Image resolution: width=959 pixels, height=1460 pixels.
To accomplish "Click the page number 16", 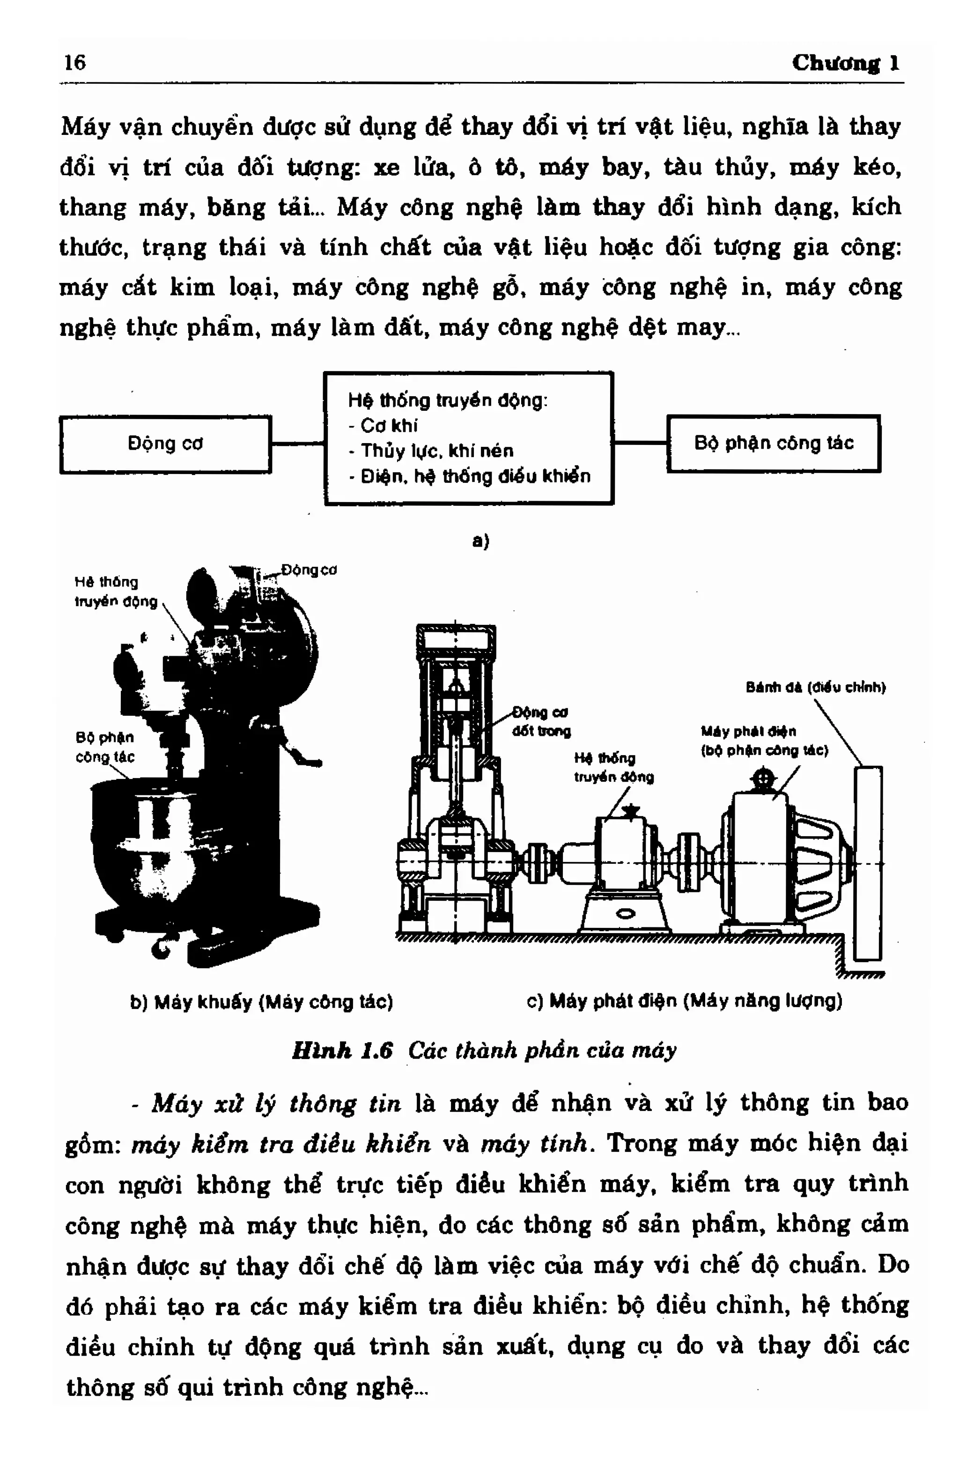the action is coord(75,62).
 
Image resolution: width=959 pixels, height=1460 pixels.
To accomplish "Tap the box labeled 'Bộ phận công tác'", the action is coord(773,443).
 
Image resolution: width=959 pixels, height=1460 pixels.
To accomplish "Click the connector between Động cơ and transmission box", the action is coord(297,443).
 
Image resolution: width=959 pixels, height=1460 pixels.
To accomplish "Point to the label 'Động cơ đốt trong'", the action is coord(541,721).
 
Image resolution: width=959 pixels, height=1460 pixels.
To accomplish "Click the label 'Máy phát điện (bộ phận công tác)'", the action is coord(764,741).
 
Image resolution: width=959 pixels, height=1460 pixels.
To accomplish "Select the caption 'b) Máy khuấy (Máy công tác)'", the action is coord(261,1002).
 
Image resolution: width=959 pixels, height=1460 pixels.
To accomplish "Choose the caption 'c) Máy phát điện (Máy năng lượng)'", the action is coord(684,1001).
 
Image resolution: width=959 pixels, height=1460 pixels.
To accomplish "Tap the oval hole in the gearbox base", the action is coord(625,914).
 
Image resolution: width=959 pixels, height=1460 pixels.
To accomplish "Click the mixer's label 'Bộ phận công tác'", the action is coord(104,747).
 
